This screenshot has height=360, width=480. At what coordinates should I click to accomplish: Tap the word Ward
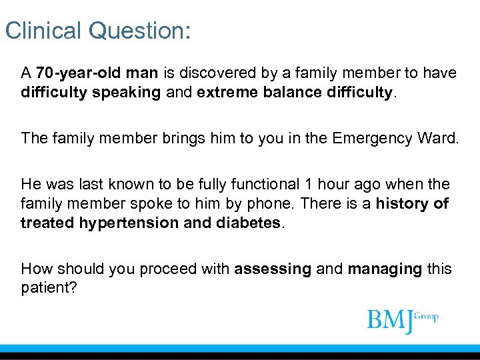pyautogui.click(x=436, y=138)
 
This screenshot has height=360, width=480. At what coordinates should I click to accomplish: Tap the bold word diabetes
pyautogui.click(x=248, y=222)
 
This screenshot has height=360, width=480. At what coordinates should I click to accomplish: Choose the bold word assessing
pyautogui.click(x=273, y=269)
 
